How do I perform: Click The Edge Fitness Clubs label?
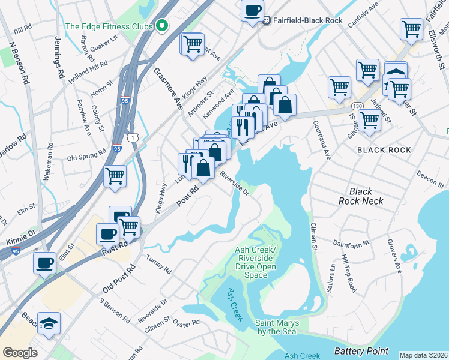[x=109, y=26]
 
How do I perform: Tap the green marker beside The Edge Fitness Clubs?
[x=161, y=26]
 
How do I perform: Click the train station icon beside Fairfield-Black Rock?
[x=267, y=19]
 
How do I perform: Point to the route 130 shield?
[x=357, y=105]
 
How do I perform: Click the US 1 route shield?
[x=137, y=139]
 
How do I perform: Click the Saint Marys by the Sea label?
[x=277, y=327]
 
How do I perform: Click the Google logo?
[x=20, y=352]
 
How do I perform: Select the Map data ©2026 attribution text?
[x=423, y=355]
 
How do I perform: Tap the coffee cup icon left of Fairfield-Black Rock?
[x=253, y=10]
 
